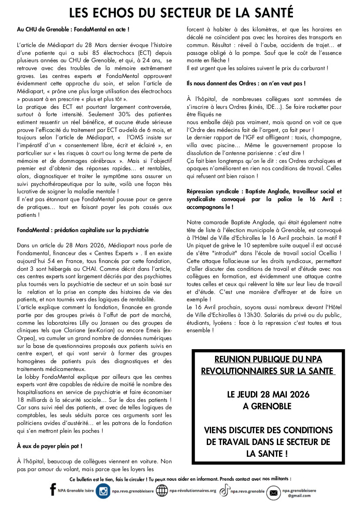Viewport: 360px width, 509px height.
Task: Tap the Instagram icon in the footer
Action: pyautogui.click(x=103, y=491)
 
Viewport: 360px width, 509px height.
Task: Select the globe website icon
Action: pyautogui.click(x=161, y=491)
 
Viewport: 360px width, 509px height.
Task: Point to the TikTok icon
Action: pyautogui.click(x=224, y=491)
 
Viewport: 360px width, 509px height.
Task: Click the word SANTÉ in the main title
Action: pyautogui.click(x=270, y=12)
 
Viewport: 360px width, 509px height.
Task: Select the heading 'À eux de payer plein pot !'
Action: pyautogui.click(x=50, y=446)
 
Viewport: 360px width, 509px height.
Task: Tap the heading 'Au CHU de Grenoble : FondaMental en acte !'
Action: pyautogui.click(x=73, y=29)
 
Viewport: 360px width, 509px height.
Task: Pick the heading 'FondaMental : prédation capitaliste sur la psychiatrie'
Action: pyautogui.click(x=83, y=230)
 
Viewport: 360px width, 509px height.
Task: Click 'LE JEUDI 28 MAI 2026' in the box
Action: pyautogui.click(x=268, y=394)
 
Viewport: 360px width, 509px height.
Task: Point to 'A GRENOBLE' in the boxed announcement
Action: pyautogui.click(x=268, y=406)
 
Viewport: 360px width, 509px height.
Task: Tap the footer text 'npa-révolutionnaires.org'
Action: pyautogui.click(x=193, y=491)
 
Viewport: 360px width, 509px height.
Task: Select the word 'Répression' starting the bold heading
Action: pyautogui.click(x=201, y=192)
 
